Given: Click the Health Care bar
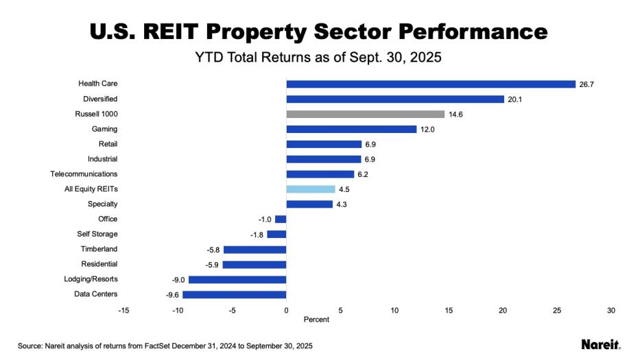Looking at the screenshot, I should tap(431, 84).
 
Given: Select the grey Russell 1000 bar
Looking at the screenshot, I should tap(366, 114).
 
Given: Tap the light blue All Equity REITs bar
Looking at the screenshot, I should tap(311, 189).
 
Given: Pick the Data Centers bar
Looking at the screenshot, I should tap(234, 294).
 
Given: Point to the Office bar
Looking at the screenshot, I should tap(281, 219).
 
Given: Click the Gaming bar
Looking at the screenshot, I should tap(351, 129).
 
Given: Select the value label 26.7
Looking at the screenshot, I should tap(587, 84).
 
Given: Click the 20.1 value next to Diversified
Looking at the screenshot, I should tap(515, 99).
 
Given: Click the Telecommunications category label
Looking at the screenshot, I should tap(84, 174).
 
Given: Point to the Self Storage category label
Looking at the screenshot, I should tap(97, 234).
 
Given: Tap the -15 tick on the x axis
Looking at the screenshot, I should tap(123, 311).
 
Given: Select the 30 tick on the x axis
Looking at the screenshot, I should tap(611, 311).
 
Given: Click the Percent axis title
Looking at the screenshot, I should tap(316, 320).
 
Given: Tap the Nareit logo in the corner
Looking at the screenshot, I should tap(600, 344).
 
